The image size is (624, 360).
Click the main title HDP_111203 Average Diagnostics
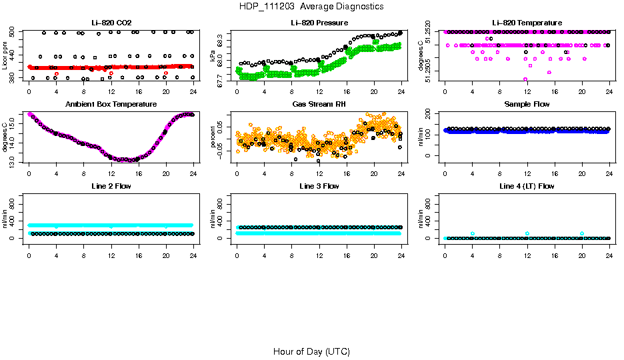311,6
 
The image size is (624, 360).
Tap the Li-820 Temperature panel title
527,23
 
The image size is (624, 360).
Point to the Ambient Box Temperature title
111,104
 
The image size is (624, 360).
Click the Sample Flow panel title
527,104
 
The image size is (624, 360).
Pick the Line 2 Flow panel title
111,186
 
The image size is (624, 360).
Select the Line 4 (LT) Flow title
527,186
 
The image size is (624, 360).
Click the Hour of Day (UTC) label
311,351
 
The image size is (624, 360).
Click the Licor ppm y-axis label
5,56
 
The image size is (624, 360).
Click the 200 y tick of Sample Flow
429,113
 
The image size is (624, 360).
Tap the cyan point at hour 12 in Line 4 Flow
527,233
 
